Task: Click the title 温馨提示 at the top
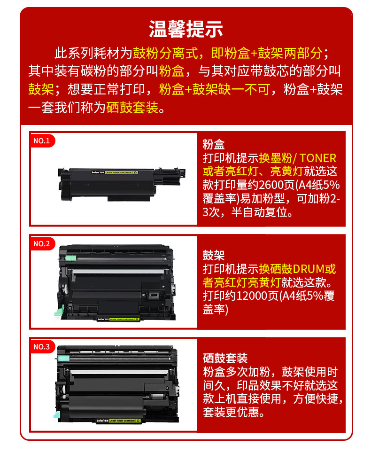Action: click(185, 29)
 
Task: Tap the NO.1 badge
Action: click(42, 141)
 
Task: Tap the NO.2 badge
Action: click(42, 243)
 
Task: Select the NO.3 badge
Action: click(42, 346)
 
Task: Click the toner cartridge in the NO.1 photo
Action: click(121, 184)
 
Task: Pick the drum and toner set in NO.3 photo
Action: click(117, 384)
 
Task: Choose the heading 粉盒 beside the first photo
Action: click(213, 144)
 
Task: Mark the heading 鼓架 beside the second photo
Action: click(213, 255)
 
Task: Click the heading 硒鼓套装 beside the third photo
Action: click(225, 358)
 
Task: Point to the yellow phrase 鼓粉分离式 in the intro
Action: click(165, 53)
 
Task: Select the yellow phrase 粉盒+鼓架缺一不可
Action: click(215, 89)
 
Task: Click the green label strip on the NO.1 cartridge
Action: click(121, 172)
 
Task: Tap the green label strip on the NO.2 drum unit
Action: click(124, 319)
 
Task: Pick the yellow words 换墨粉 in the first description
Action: click(276, 158)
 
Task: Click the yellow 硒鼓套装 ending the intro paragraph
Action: click(132, 108)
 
